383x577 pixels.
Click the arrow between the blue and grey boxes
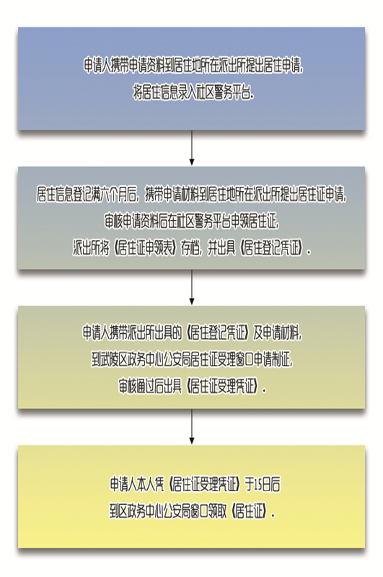(191, 148)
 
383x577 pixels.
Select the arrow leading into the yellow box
(191, 426)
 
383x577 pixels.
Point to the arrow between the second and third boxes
(191, 287)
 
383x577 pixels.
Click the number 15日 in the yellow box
(260, 485)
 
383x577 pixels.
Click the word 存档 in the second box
(190, 249)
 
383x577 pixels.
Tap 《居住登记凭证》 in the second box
(271, 249)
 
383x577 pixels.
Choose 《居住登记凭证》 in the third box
(219, 332)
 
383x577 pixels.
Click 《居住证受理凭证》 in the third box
(224, 387)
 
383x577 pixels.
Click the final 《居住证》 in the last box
(250, 512)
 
